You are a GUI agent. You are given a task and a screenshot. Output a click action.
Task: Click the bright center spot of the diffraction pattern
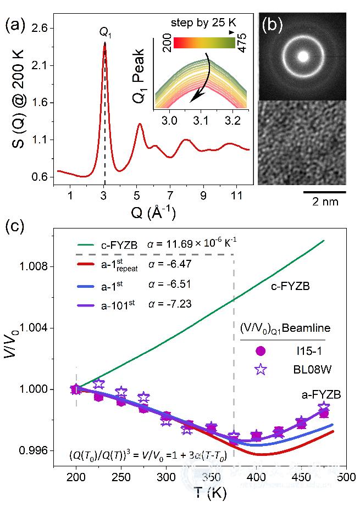pos(302,55)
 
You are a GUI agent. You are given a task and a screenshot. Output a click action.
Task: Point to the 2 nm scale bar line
pos(324,193)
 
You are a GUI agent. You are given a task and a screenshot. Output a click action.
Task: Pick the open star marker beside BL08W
pos(261,370)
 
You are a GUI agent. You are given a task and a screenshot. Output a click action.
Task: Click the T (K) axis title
pos(209,493)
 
